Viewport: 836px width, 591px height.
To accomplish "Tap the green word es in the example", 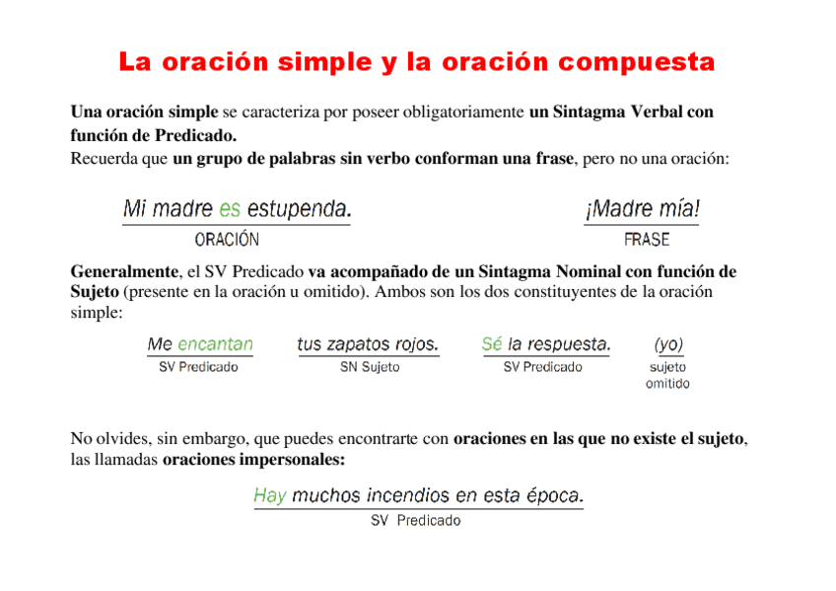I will [230, 209].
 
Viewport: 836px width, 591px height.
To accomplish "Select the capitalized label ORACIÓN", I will [227, 239].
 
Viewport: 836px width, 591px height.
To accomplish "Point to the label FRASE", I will [647, 239].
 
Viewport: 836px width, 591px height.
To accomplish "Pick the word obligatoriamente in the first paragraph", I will [466, 112].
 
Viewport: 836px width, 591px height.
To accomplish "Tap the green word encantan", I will [215, 344].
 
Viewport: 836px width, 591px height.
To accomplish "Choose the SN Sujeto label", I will [370, 367].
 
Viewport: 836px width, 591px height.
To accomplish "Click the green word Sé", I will [491, 344].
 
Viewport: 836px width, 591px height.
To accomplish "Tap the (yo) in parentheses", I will [668, 344].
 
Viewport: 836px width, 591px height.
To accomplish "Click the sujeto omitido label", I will [667, 375].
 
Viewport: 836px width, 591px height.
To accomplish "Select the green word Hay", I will [269, 495].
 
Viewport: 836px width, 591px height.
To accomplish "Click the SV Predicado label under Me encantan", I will [198, 367].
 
